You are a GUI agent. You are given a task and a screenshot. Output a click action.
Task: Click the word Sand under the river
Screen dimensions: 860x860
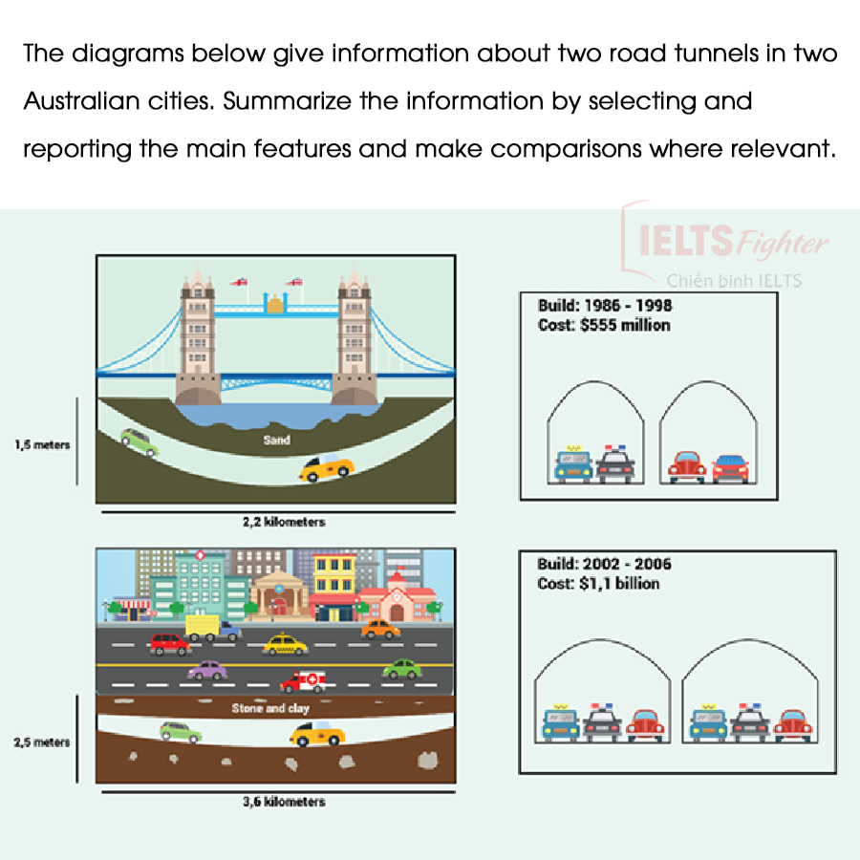point(276,441)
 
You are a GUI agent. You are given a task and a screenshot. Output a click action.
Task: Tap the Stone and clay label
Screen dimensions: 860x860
point(271,709)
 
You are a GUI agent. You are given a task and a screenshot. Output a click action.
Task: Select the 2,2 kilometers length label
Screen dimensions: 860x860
point(284,522)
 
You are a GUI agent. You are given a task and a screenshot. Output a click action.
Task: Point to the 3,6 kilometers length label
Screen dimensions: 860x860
point(284,802)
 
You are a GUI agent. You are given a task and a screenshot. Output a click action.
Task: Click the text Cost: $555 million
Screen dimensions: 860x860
point(604,326)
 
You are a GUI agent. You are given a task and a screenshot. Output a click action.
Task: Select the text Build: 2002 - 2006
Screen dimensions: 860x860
point(604,564)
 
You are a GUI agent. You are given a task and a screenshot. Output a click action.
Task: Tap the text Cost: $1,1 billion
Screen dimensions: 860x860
point(598,583)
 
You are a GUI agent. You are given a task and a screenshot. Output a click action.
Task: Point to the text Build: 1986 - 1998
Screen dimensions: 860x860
point(604,306)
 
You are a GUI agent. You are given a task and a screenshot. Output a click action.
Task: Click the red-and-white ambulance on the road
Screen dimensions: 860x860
point(303,681)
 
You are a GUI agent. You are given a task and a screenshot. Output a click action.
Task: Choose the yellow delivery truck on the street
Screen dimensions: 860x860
point(212,627)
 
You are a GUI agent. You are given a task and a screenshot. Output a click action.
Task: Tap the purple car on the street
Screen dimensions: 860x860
point(207,670)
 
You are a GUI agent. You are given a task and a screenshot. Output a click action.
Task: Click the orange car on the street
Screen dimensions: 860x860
point(380,629)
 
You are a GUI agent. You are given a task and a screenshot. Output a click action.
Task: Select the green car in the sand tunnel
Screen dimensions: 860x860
point(140,441)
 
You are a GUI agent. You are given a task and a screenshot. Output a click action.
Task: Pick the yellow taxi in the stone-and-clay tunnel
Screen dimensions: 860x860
point(317,734)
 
